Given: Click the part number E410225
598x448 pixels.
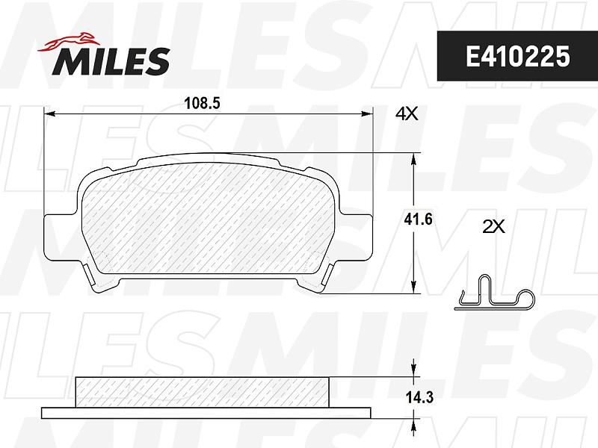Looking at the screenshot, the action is click(517, 57).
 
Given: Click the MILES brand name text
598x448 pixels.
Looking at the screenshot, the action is click(111, 61).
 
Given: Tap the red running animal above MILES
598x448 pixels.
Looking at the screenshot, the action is click(69, 42).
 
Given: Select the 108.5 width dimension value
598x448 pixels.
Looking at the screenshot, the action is click(202, 103).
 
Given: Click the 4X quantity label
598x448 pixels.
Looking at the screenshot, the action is click(407, 113).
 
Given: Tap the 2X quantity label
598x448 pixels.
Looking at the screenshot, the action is click(494, 227).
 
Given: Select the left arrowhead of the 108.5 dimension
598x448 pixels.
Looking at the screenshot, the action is click(50, 113).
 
